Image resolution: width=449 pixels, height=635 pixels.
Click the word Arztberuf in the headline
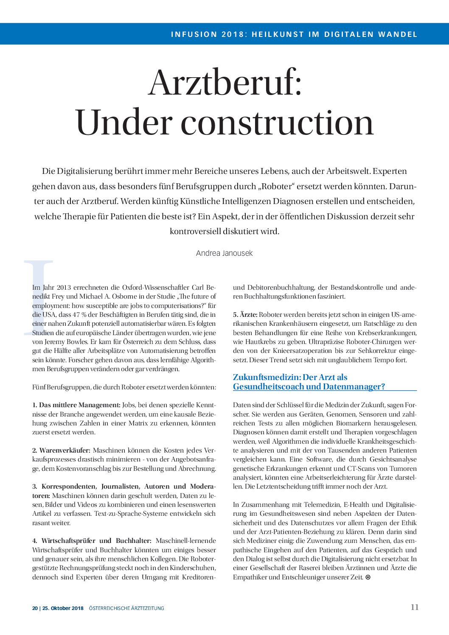point(225,83)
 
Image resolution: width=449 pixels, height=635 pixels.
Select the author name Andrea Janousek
point(224,253)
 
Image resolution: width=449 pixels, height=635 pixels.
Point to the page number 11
point(415,607)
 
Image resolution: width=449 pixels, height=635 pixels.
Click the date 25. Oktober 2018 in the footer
point(63,608)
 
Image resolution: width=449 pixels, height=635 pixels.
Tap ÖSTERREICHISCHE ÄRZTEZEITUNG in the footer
point(126,608)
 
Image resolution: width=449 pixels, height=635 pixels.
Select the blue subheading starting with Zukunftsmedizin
point(309,382)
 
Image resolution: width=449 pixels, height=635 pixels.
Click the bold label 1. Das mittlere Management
point(76,405)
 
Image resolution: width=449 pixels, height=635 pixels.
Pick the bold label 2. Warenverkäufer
point(62,450)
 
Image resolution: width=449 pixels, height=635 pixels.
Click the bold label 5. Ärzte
point(245,315)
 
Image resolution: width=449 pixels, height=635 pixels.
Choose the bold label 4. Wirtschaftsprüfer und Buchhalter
point(92,541)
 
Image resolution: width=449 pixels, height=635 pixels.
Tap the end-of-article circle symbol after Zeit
point(368,577)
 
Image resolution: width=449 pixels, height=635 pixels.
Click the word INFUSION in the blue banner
point(194,34)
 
